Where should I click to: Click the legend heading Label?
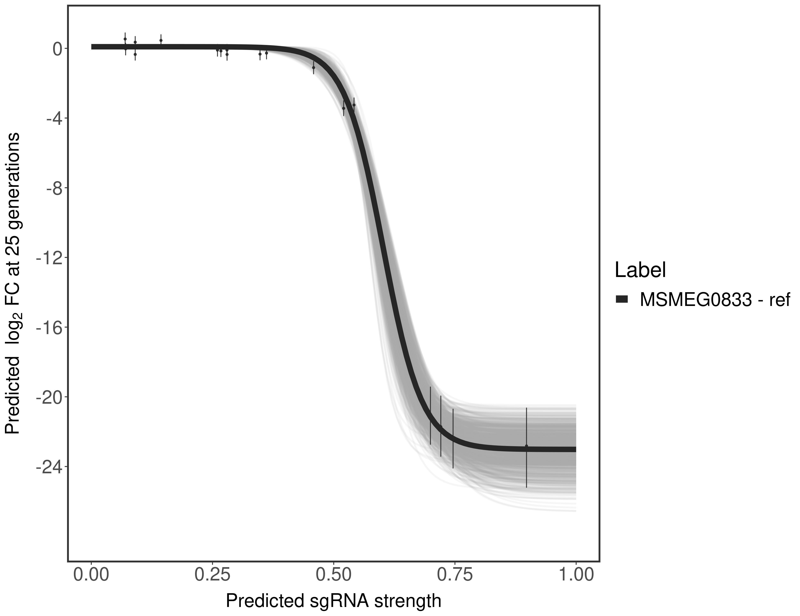click(640, 270)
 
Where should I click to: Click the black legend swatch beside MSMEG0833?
click(622, 300)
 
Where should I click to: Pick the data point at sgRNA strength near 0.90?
click(526, 446)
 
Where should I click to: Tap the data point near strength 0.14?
click(161, 40)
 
